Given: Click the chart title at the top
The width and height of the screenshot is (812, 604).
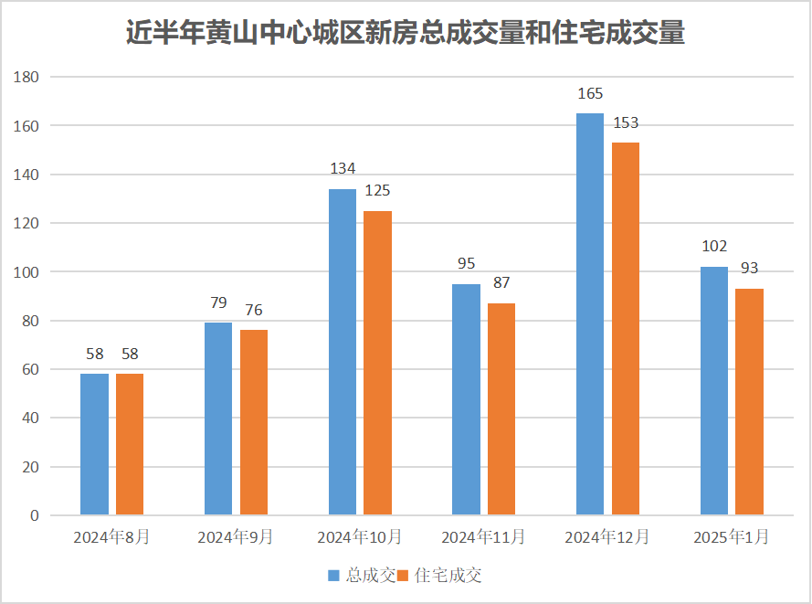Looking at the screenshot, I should [405, 34].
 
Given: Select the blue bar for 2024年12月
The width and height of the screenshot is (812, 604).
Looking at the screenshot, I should [590, 314].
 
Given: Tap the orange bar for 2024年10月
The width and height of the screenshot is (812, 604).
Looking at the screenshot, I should [377, 363].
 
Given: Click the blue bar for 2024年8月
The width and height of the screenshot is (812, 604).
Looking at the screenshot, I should [94, 444].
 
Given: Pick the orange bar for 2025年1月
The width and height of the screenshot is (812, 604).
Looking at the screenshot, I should [749, 402].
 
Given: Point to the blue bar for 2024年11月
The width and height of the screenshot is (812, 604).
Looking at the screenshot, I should [466, 399].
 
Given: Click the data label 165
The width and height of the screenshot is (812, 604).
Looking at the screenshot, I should [590, 93].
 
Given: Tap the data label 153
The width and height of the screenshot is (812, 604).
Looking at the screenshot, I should [626, 122].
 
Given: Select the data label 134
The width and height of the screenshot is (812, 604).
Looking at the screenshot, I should [343, 168].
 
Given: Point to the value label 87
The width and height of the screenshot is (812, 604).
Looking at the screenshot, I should [501, 282].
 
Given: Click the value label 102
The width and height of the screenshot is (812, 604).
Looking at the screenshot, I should [714, 246].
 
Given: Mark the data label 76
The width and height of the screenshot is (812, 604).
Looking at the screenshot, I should [254, 310].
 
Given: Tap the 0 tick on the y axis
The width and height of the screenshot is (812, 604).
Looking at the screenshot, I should [34, 515].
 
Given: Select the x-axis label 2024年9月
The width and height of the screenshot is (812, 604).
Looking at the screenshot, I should [236, 537].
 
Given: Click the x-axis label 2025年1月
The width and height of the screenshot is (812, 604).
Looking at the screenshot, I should [731, 537].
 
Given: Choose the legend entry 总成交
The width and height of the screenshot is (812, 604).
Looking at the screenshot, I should [363, 576].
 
